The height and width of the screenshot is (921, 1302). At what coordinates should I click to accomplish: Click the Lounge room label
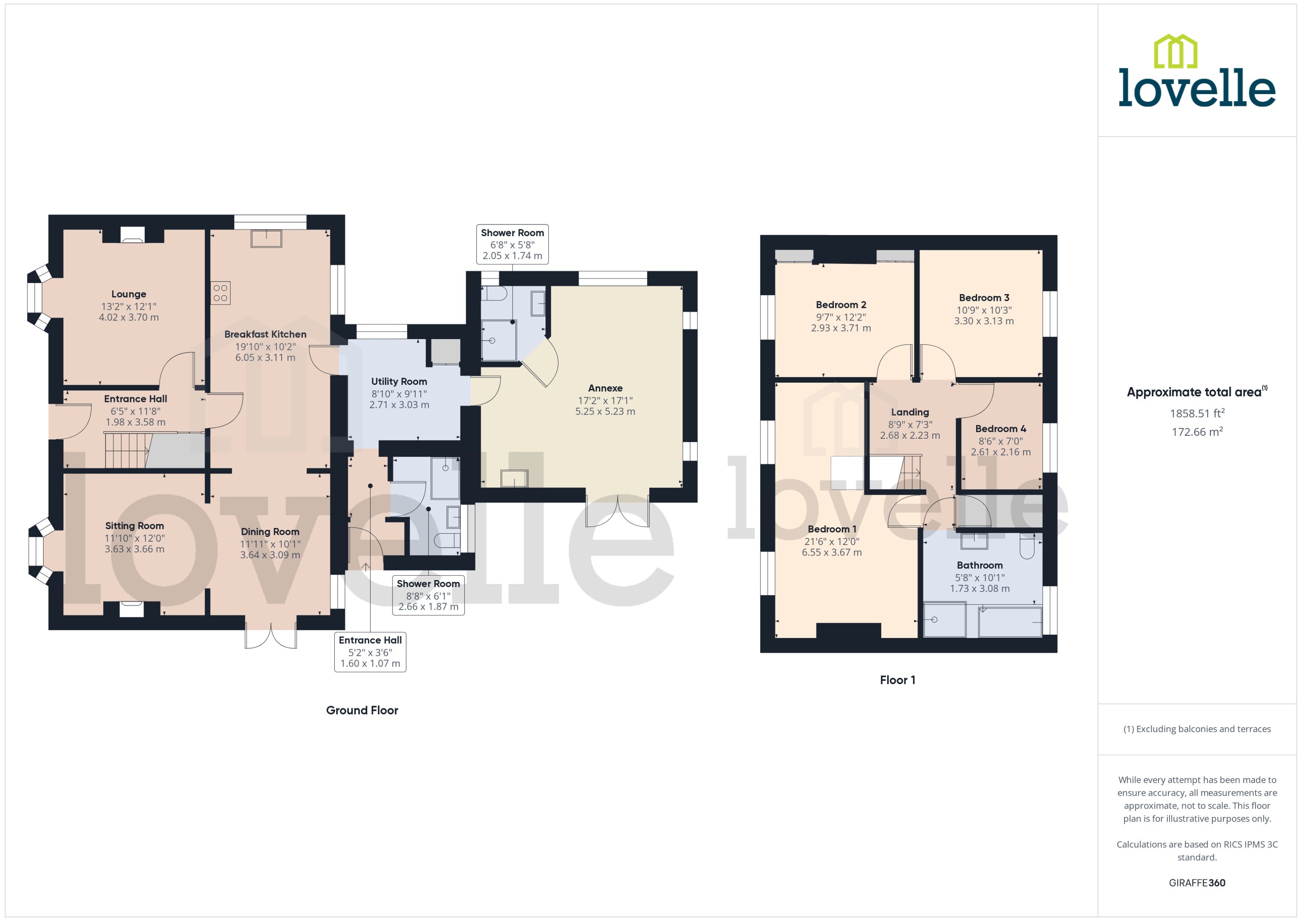[x=129, y=294]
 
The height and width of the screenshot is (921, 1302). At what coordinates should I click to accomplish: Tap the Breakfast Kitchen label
[x=265, y=334]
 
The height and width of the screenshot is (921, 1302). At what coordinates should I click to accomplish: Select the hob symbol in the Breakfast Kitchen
[x=221, y=293]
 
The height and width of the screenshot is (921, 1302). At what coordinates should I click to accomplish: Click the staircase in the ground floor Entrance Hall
[x=126, y=450]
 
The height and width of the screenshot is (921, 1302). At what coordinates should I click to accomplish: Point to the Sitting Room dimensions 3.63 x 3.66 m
[x=134, y=549]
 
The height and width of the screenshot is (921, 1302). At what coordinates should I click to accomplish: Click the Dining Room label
[x=270, y=531]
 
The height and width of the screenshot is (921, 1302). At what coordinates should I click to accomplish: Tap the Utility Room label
[x=399, y=381]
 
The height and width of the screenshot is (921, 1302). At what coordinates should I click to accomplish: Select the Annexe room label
[x=605, y=388]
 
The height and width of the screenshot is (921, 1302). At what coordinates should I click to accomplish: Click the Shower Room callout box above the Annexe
[x=512, y=244]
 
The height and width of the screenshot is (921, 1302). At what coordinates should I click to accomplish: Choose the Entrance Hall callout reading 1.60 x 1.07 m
[x=370, y=652]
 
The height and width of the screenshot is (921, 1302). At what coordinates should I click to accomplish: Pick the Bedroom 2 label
[x=841, y=305]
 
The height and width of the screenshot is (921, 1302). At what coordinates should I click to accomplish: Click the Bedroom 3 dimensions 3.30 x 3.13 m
[x=984, y=321]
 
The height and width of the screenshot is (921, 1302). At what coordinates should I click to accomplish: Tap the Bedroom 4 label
[x=1000, y=429]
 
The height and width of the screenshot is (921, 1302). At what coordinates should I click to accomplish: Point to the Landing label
[x=910, y=412]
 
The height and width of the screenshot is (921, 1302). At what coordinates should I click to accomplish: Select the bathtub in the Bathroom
[x=1010, y=622]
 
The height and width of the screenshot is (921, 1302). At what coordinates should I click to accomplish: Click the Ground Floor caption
[x=362, y=710]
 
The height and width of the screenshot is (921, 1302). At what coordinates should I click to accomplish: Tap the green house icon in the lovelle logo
[x=1176, y=52]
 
